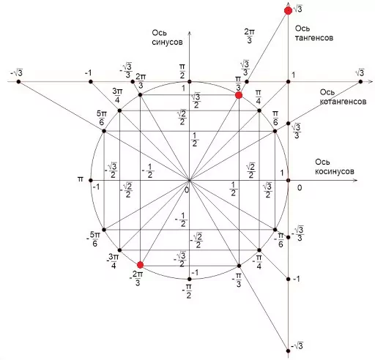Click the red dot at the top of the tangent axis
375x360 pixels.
tap(289, 11)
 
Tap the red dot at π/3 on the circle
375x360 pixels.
tap(239, 95)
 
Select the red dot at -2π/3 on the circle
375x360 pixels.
tap(140, 265)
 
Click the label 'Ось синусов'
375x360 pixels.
tap(167, 37)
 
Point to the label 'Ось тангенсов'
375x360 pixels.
tap(314, 33)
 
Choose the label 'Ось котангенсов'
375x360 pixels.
tap(343, 97)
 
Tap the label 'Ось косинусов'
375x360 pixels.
tap(334, 167)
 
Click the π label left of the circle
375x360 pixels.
tap(81, 179)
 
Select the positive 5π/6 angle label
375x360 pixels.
tap(102, 118)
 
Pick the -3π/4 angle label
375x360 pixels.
tap(113, 261)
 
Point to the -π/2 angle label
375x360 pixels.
tap(187, 291)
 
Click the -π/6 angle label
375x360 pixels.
tap(279, 240)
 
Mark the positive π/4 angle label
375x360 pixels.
tap(259, 97)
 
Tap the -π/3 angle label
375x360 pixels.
tap(237, 280)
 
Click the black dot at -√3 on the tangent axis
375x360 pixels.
tap(288, 351)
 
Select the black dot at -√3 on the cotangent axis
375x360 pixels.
tap(18, 82)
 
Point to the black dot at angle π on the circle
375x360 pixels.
tap(91, 181)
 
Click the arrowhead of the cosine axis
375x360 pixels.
tap(355, 180)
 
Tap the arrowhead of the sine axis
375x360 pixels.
tap(189, 34)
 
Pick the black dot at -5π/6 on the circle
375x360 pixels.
tap(104, 230)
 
